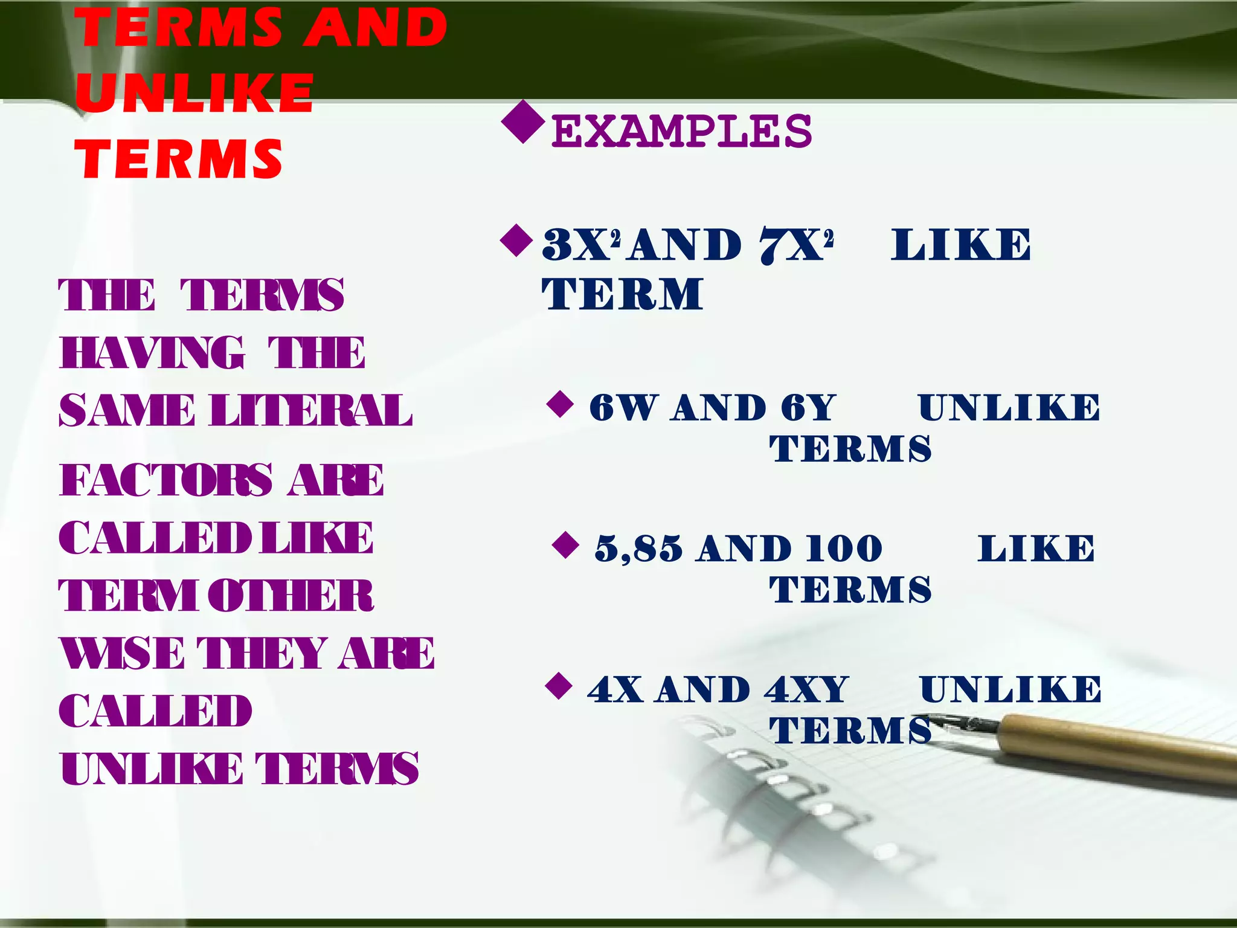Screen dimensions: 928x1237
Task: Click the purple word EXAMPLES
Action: [681, 131]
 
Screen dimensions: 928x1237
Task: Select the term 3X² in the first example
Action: [581, 245]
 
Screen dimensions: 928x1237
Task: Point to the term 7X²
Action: [796, 245]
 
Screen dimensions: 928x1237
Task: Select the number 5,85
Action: [638, 549]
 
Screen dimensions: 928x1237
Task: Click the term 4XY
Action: [806, 689]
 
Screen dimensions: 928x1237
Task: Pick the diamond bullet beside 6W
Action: [560, 404]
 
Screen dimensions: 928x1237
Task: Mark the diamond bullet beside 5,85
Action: [565, 545]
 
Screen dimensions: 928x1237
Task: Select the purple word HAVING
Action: [152, 353]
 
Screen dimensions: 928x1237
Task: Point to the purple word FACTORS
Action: [166, 480]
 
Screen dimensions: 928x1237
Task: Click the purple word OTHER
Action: [291, 596]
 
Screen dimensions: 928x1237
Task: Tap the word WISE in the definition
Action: [122, 654]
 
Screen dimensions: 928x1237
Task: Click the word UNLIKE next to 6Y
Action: [1009, 407]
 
